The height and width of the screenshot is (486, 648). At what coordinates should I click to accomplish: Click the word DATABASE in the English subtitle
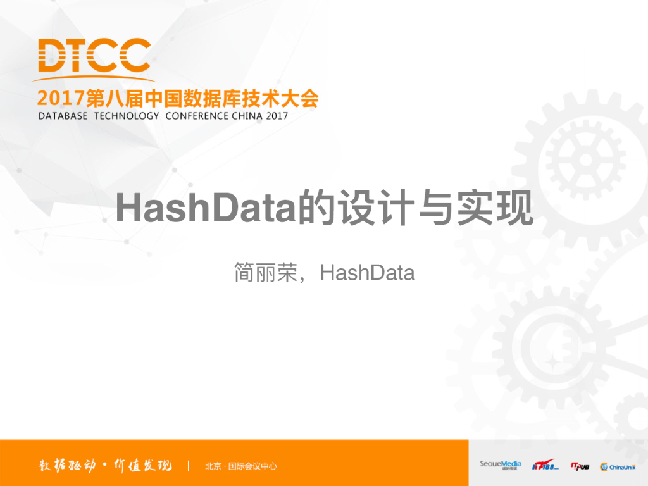(x=63, y=116)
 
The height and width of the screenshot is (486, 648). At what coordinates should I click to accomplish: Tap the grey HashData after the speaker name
(x=367, y=273)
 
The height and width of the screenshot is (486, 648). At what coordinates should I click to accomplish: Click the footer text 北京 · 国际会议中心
(x=241, y=467)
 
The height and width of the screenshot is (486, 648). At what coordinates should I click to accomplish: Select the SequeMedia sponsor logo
(x=500, y=466)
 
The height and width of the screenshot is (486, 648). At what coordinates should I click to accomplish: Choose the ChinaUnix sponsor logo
(x=618, y=466)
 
